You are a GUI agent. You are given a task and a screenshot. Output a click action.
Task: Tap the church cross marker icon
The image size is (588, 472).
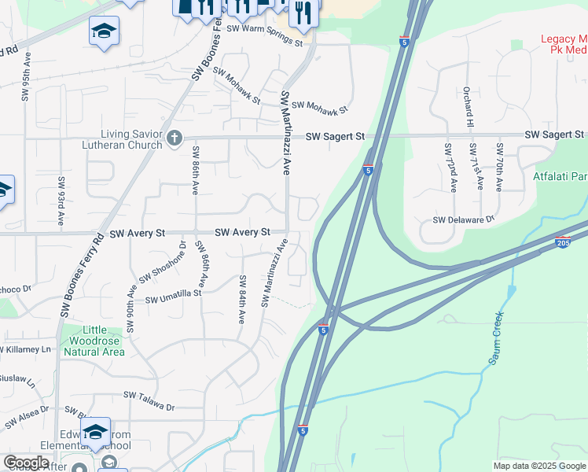(x=175, y=139)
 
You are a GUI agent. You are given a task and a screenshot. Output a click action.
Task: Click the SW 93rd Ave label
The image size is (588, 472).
(x=61, y=201)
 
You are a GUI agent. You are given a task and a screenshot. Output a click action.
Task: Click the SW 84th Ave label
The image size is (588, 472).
(x=242, y=300)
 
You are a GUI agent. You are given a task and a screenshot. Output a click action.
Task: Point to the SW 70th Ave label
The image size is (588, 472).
(x=499, y=168)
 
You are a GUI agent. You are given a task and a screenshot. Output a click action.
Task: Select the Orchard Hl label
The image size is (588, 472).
(x=467, y=108)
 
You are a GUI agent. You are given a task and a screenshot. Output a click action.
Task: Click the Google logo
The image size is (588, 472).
(x=26, y=463)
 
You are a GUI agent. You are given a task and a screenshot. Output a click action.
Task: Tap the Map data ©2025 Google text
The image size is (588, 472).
(x=540, y=466)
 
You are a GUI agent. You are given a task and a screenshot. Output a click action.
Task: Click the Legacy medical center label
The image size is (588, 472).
(x=564, y=43)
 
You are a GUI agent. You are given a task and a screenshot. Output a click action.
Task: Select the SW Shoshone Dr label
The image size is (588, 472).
(x=161, y=264)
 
